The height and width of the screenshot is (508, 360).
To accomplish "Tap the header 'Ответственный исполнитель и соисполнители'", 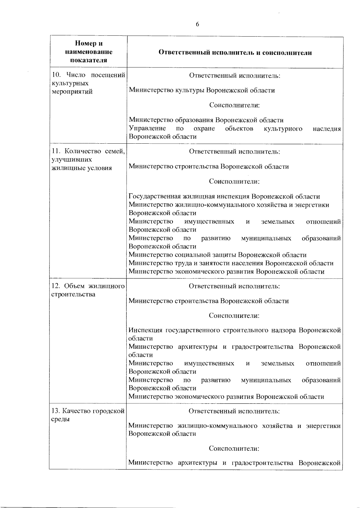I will pos(235,53).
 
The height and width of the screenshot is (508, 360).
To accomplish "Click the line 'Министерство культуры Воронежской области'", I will pos(202,90).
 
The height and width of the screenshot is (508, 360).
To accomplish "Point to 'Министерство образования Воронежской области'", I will pos(206,120).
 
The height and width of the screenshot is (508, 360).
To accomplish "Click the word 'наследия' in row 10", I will pos(327,129).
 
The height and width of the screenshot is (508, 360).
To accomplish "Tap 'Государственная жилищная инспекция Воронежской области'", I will pos(224,196).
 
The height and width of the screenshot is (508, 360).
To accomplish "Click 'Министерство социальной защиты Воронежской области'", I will pos(217,255).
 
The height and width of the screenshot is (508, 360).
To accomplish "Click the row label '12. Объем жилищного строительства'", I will pos(88,290).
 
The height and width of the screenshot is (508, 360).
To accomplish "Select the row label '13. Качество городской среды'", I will pos(88,415).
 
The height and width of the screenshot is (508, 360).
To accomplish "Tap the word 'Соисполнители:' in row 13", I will pos(234,449).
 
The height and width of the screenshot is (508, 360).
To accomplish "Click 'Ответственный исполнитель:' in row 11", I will pos(235,151).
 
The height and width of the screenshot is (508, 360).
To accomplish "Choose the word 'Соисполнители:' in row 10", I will pos(234,105).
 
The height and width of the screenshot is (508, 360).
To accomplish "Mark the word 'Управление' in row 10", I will pos(147,129).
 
